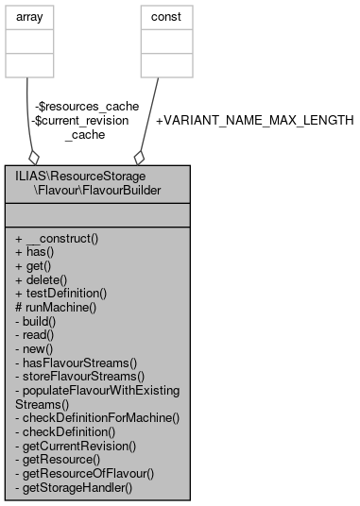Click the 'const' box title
(x=166, y=17)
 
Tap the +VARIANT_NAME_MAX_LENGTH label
(x=254, y=121)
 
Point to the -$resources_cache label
(x=73, y=107)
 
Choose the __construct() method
(x=58, y=239)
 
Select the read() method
(x=36, y=334)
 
